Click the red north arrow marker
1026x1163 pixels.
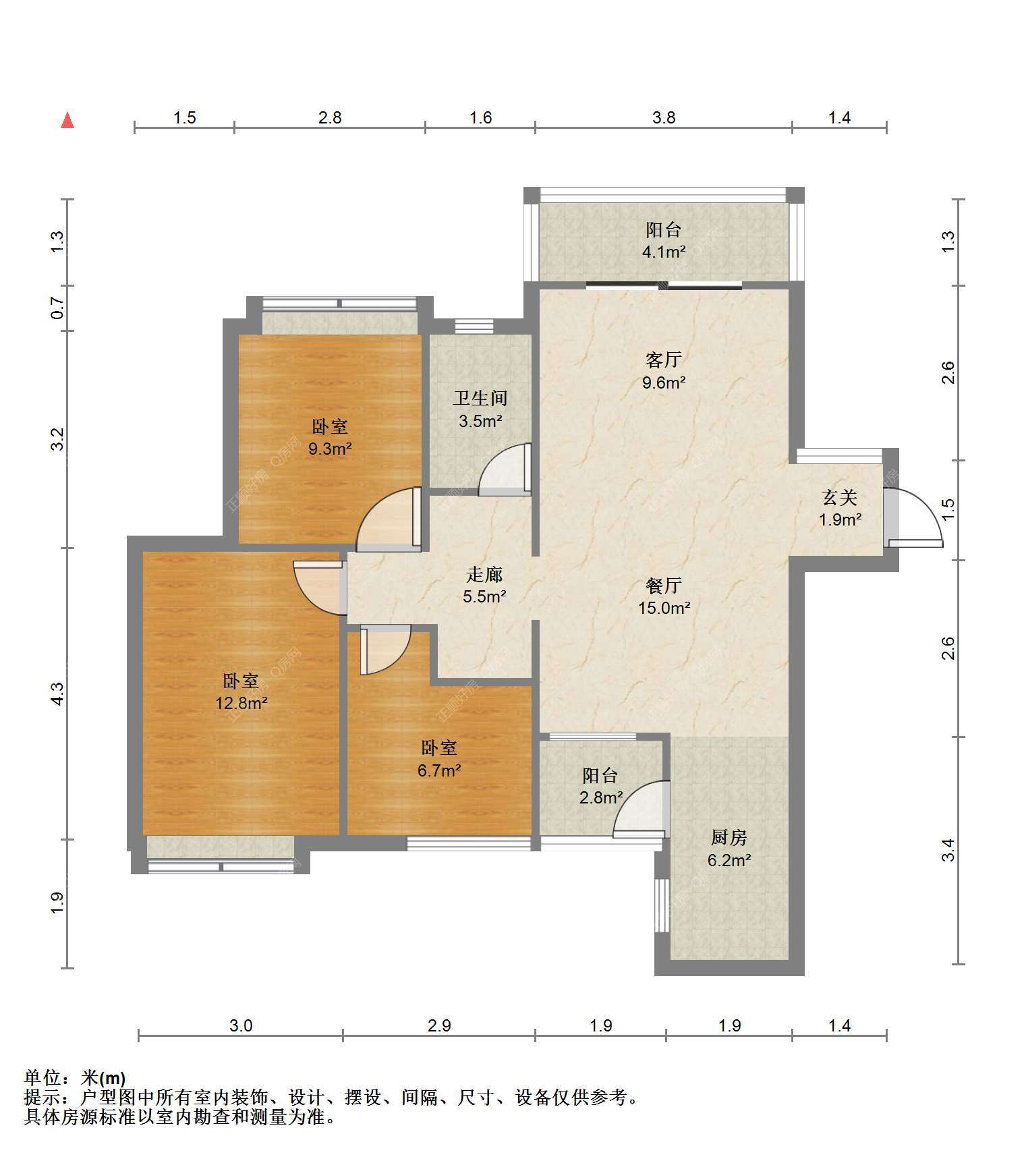67,120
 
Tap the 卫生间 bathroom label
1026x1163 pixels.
480,398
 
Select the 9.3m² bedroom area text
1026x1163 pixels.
330,448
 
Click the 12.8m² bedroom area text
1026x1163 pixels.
241,703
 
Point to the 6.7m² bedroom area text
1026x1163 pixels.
439,770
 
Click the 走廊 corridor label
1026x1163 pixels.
484,575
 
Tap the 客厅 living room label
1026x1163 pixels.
664,360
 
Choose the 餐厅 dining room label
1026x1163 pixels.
664,586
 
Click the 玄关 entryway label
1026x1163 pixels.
840,498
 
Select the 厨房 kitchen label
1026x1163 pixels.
729,838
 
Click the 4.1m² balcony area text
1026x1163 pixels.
664,252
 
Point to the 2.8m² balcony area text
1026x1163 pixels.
601,797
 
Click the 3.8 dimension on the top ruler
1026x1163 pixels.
664,117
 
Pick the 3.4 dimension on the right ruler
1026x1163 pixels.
948,850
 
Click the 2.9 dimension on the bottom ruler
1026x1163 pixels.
439,1026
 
